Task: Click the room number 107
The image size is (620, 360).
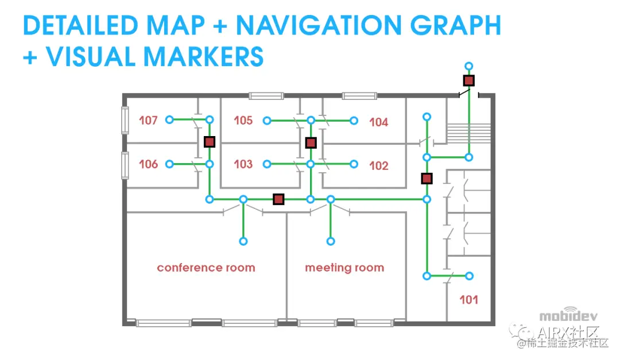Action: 148,121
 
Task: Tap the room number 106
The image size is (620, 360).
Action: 148,164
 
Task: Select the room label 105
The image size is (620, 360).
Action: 243,121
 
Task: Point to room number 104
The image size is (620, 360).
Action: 378,122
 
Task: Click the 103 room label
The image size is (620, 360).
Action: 243,164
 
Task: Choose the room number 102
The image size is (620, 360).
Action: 378,166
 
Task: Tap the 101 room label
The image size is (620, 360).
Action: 468,299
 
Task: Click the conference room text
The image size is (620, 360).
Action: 206,268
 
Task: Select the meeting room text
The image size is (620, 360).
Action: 344,268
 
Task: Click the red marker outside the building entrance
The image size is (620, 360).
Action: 469,80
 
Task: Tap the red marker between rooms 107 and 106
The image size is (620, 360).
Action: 210,141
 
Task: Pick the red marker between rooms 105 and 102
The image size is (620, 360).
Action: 311,142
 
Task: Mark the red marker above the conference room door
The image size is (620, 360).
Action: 278,199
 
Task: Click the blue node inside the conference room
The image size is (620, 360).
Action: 243,242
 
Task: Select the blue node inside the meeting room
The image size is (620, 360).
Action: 331,242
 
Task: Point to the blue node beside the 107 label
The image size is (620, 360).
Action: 169,120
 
